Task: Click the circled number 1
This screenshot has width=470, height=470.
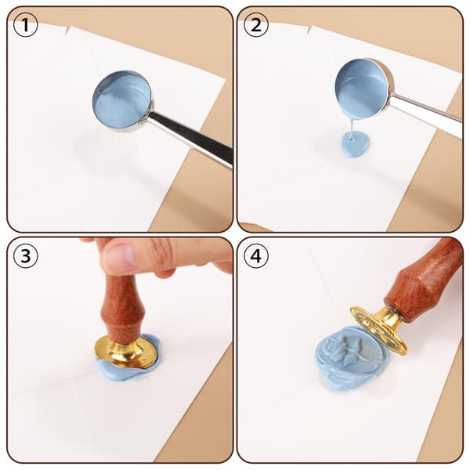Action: (x=26, y=25)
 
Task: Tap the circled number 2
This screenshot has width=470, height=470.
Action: (x=255, y=25)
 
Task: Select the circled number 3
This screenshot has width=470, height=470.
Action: (x=26, y=255)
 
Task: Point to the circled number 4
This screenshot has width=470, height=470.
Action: (x=255, y=255)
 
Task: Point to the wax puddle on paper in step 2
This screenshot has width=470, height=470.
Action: (x=356, y=144)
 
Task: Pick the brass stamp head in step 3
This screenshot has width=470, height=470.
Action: (x=125, y=351)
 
